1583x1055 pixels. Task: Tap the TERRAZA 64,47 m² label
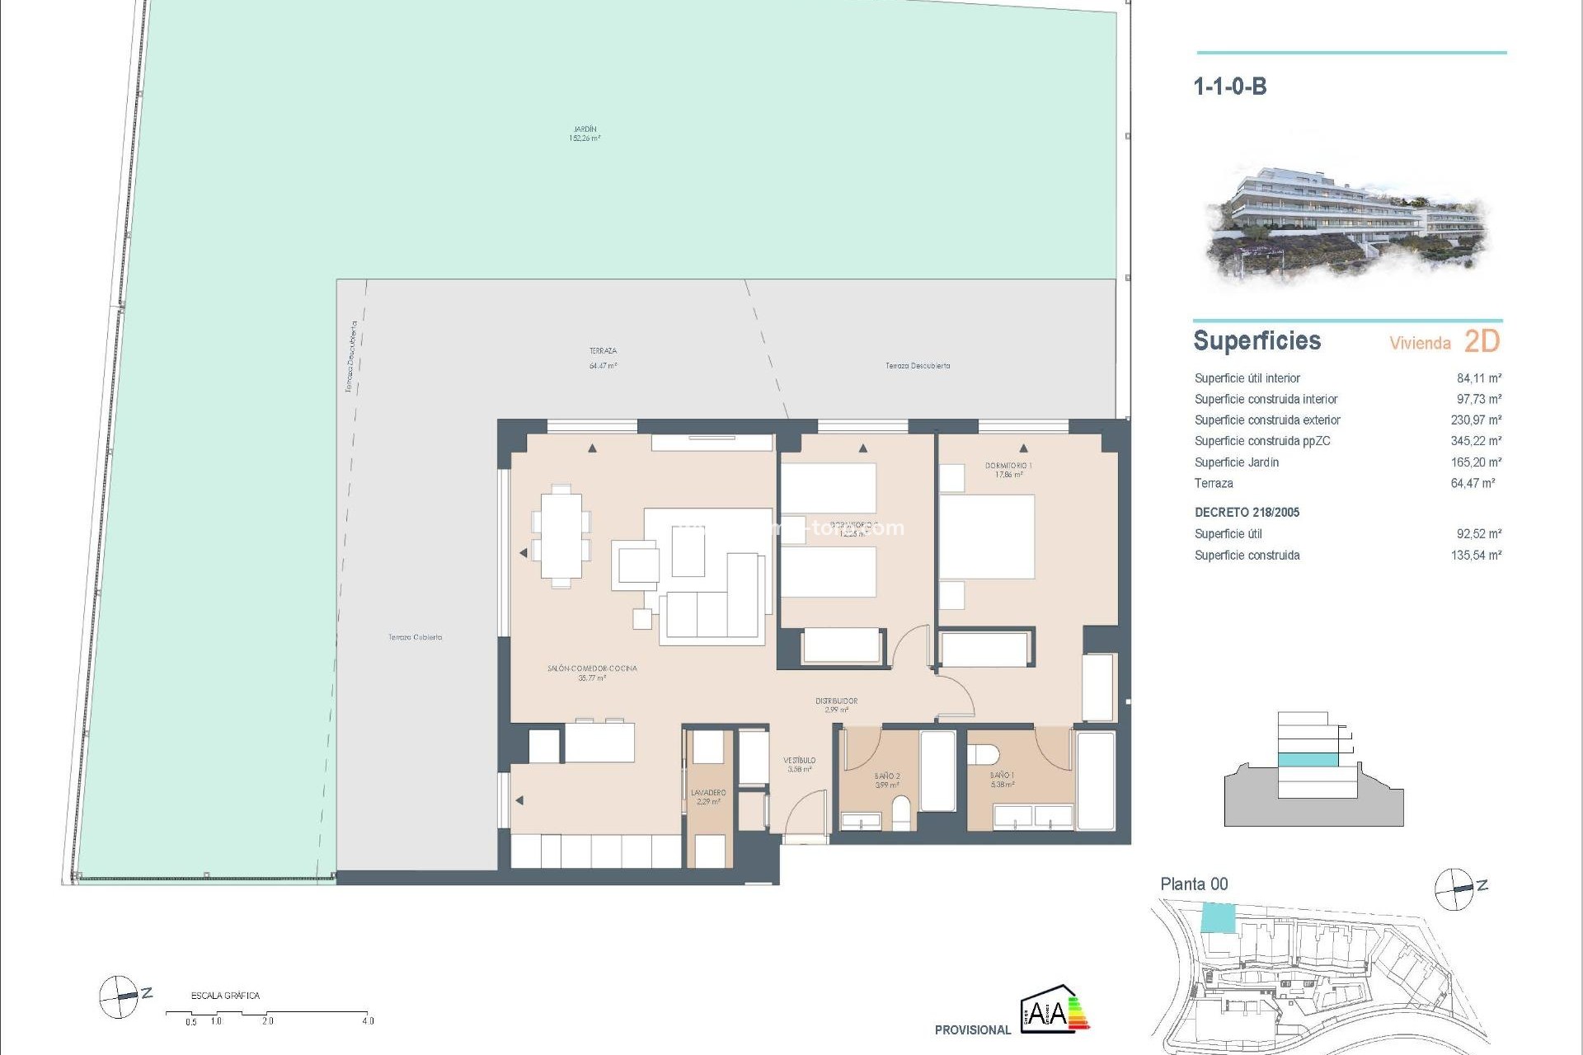point(603,358)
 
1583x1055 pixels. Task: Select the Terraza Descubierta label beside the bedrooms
point(917,365)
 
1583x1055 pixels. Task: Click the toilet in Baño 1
point(982,755)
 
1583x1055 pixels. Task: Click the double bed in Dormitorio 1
point(987,537)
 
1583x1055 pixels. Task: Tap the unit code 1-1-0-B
point(1229,87)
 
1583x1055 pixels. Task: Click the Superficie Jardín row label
point(1236,462)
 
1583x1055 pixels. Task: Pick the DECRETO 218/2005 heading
point(1247,513)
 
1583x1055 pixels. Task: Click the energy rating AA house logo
point(1055,1008)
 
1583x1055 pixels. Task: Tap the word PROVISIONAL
point(972,1029)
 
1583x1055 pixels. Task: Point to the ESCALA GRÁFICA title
point(225,996)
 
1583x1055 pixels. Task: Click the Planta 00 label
point(1193,884)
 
